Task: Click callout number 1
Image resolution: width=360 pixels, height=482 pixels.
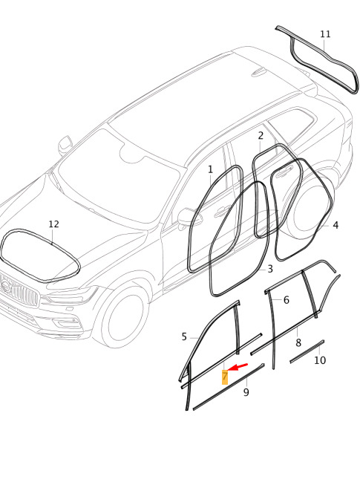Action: [210, 169]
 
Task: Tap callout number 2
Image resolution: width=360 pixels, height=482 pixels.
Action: [261, 136]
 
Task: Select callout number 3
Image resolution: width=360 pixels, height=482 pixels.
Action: [270, 269]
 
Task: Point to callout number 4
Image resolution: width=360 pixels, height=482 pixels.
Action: [336, 225]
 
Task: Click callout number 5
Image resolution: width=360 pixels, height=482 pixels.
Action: [184, 337]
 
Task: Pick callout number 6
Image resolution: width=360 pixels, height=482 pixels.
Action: [287, 300]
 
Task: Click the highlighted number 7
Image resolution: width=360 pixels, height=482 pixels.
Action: [225, 377]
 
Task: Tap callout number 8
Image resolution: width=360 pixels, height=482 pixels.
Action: [298, 343]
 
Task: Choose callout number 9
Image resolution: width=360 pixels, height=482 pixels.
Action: [246, 392]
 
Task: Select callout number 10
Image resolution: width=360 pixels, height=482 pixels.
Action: [320, 360]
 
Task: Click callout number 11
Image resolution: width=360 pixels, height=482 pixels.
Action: [325, 34]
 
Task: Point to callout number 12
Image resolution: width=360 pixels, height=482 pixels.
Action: [53, 224]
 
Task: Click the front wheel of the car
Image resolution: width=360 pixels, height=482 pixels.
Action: [123, 316]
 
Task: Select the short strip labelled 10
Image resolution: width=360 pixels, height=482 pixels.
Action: [307, 351]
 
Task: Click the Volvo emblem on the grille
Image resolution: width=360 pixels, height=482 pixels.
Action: [5, 286]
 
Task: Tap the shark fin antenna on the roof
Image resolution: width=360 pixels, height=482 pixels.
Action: [258, 73]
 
